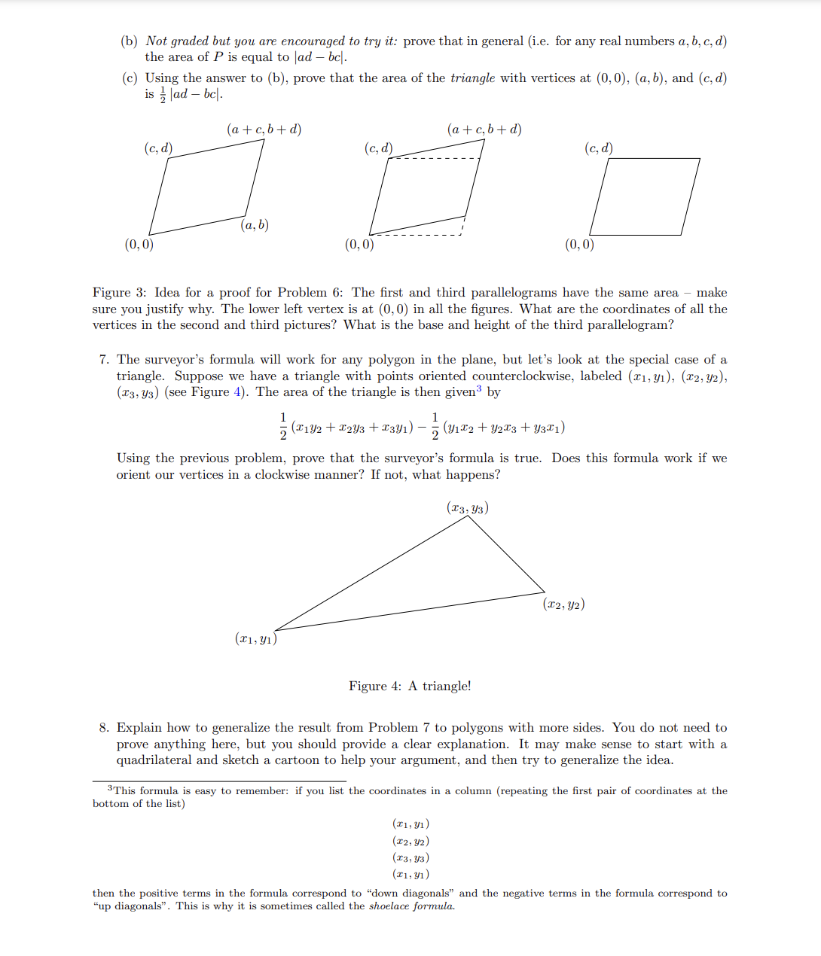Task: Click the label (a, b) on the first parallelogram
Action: click(255, 224)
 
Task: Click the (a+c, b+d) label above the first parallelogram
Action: click(264, 129)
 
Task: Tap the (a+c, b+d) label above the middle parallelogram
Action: click(484, 129)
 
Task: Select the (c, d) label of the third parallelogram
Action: click(598, 148)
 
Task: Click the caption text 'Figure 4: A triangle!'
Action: click(410, 686)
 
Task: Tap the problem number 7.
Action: click(103, 360)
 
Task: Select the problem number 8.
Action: click(103, 728)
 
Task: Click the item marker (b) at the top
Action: click(129, 41)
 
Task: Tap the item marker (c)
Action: click(129, 78)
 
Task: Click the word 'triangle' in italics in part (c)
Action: click(472, 78)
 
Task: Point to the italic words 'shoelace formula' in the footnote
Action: click(411, 906)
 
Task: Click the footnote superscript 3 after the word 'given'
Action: click(478, 388)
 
